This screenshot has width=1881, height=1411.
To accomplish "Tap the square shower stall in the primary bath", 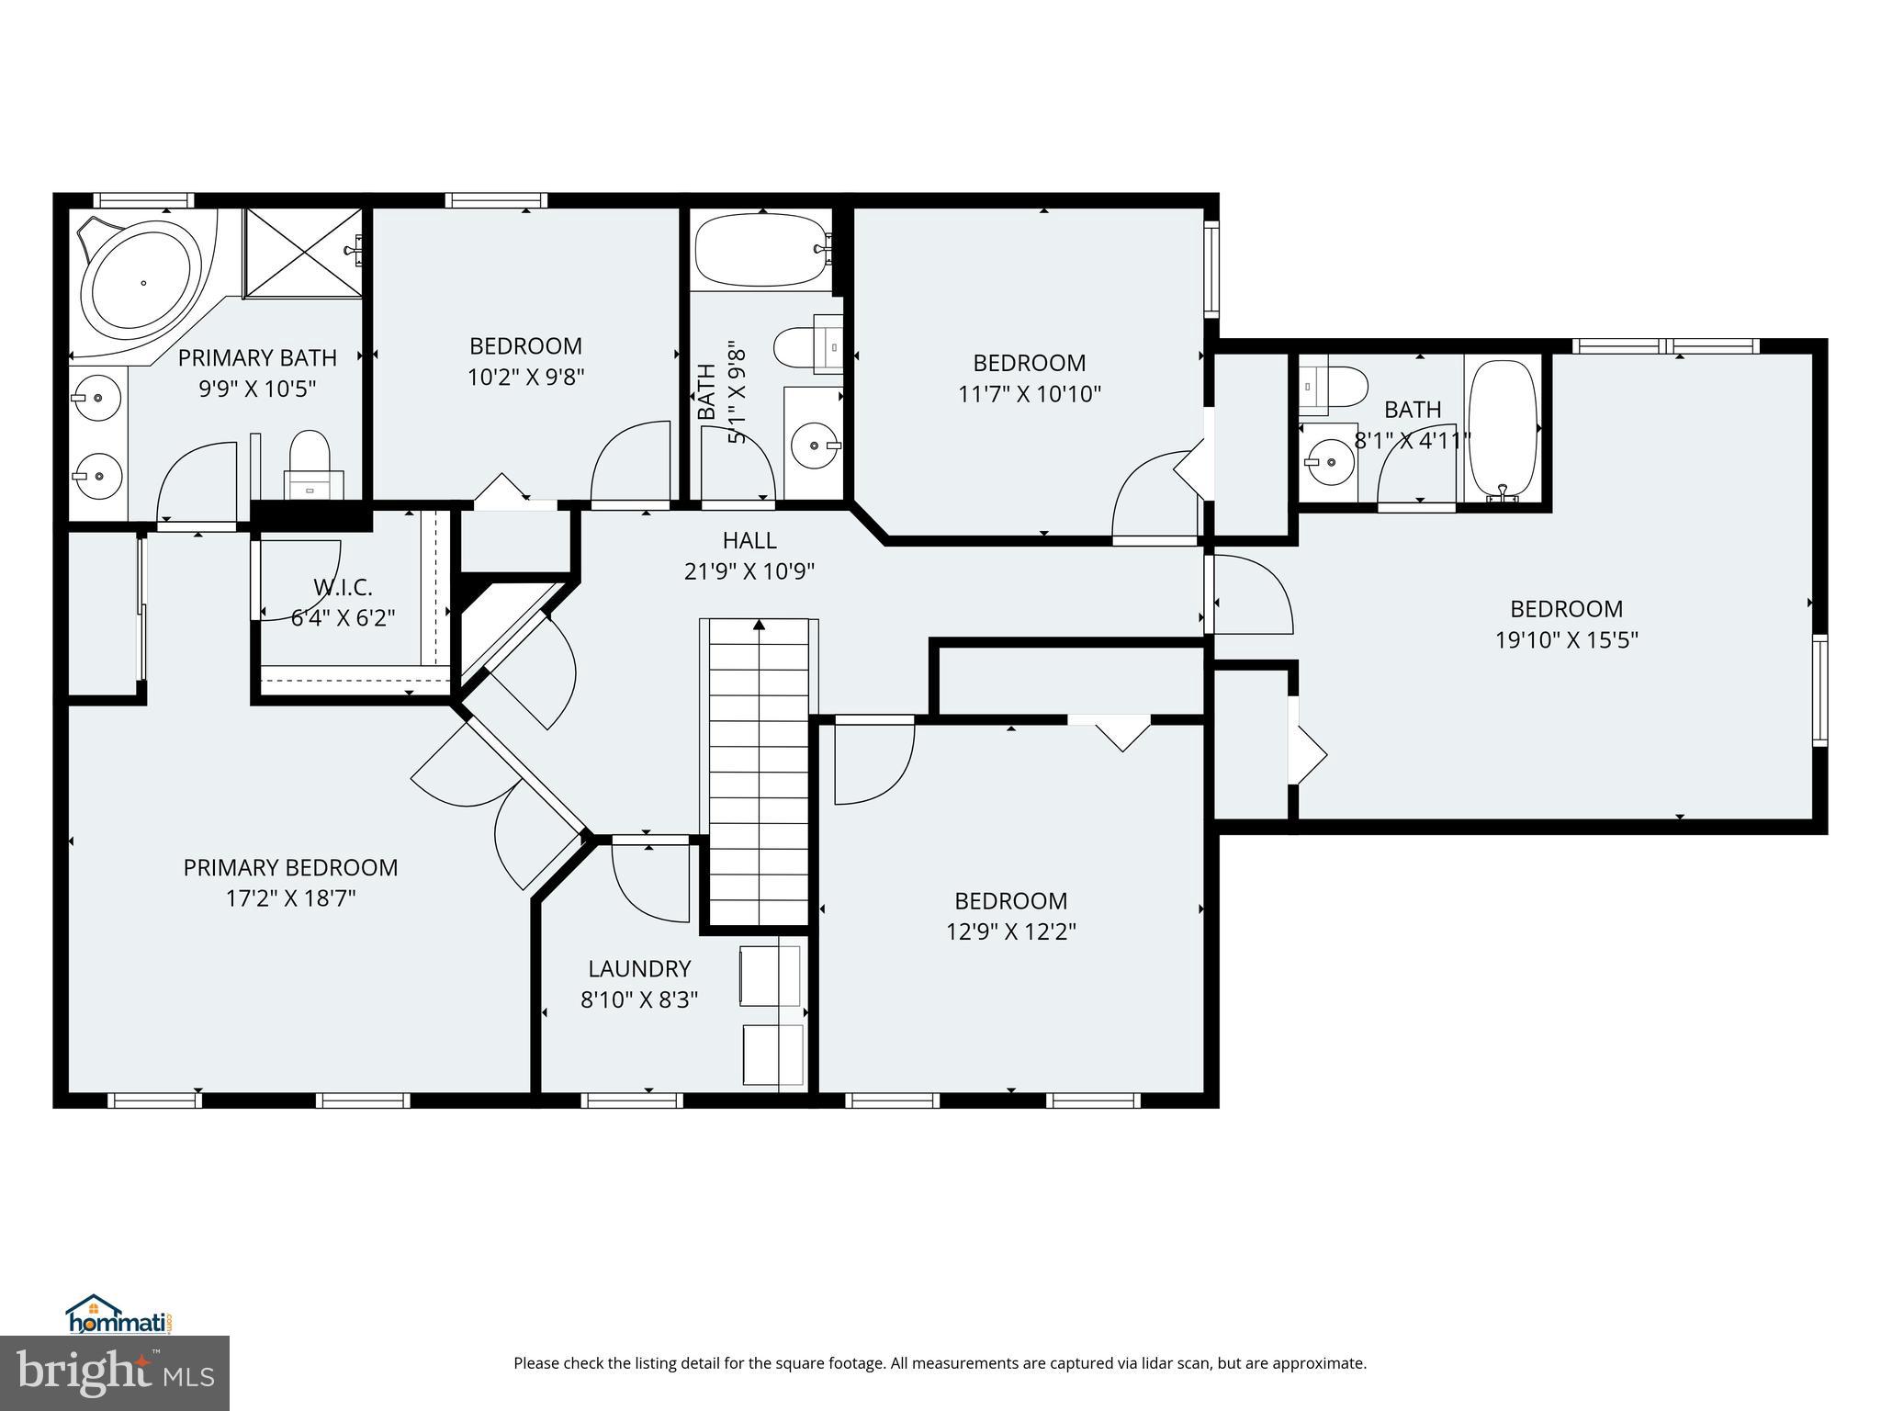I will click(x=302, y=253).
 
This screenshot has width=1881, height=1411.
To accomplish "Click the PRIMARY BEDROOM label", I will click(x=290, y=867).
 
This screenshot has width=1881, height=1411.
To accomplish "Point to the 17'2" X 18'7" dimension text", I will click(x=290, y=897).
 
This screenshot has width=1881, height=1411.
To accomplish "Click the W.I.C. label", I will click(x=343, y=587).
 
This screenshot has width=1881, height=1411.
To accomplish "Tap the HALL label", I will click(x=749, y=540).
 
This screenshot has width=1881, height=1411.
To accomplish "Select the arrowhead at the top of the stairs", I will click(x=759, y=626).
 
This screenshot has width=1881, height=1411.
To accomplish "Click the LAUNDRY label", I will click(x=639, y=968).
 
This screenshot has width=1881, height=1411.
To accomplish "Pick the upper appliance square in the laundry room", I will click(x=769, y=975).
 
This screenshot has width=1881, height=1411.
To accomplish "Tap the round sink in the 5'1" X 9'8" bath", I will click(x=814, y=446).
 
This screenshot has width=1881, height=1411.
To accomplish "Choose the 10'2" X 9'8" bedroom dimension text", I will click(x=525, y=377).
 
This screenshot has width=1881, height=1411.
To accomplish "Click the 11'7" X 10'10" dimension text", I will click(x=1029, y=393).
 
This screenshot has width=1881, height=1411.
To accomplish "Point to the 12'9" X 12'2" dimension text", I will click(x=1010, y=931).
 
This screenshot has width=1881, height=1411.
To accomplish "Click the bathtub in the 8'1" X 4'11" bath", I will click(x=1502, y=427).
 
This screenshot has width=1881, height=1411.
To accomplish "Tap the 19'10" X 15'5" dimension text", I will click(x=1566, y=639).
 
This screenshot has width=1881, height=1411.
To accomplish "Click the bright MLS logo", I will click(x=115, y=1372).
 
